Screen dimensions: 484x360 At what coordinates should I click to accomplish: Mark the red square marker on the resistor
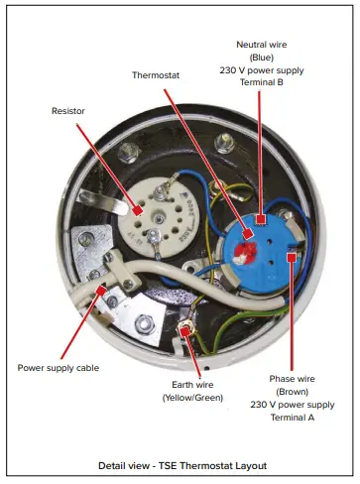tap(134, 210)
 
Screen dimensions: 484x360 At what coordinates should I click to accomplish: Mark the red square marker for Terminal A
tap(292, 256)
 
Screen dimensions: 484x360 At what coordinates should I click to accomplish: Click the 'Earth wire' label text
tap(190, 384)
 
